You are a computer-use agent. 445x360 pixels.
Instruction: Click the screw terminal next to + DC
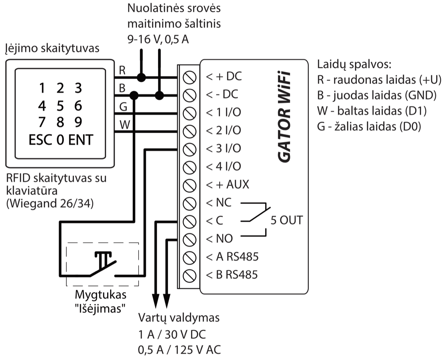tap(190, 77)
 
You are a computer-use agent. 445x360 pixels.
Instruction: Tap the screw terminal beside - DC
tap(190, 95)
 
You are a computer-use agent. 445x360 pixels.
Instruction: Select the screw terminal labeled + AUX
tap(190, 185)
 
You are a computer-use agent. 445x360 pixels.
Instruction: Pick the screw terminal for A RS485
tap(190, 257)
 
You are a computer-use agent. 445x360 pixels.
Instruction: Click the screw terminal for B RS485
tap(190, 275)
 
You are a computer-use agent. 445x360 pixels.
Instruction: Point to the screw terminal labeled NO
tap(190, 239)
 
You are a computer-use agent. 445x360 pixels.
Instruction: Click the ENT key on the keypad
tap(80, 141)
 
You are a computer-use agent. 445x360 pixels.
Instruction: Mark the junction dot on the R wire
tap(141, 77)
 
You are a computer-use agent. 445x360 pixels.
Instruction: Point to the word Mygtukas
tap(100, 295)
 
